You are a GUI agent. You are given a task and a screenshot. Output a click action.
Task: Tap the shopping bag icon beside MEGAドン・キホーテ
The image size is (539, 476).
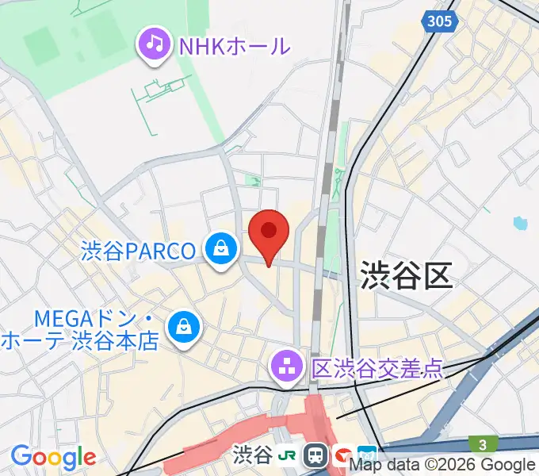coord(183,327)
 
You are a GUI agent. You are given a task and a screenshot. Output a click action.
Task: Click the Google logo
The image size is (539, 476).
coord(53,458)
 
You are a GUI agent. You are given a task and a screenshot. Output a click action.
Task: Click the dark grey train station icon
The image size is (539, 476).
coord(316,455)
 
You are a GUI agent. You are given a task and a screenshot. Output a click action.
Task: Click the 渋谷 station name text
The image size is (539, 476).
coord(253,455)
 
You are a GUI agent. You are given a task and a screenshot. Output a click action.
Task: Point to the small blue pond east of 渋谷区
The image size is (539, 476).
coord(520,223)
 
